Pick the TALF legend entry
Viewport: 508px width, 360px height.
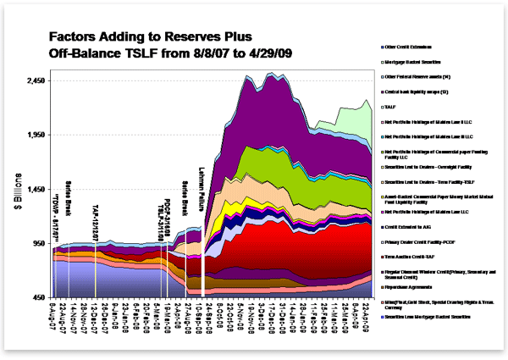point(391,106)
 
